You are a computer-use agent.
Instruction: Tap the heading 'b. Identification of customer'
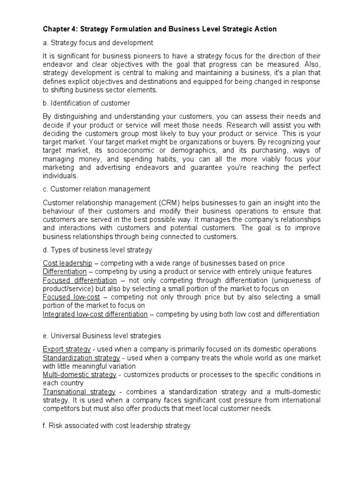(86, 103)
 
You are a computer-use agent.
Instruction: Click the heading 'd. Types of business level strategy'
(97, 250)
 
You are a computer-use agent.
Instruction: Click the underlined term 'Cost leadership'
(67, 263)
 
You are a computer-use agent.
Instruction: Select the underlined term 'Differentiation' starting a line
(65, 271)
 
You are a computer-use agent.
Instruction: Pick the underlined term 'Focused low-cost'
(69, 297)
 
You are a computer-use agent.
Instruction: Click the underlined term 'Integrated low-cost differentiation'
(95, 314)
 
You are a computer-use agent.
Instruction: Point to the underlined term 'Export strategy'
(67, 349)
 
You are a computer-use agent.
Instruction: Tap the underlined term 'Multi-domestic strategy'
(80, 375)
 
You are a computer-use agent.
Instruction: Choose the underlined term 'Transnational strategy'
(79, 392)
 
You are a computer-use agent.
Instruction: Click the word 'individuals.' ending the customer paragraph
(60, 176)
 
